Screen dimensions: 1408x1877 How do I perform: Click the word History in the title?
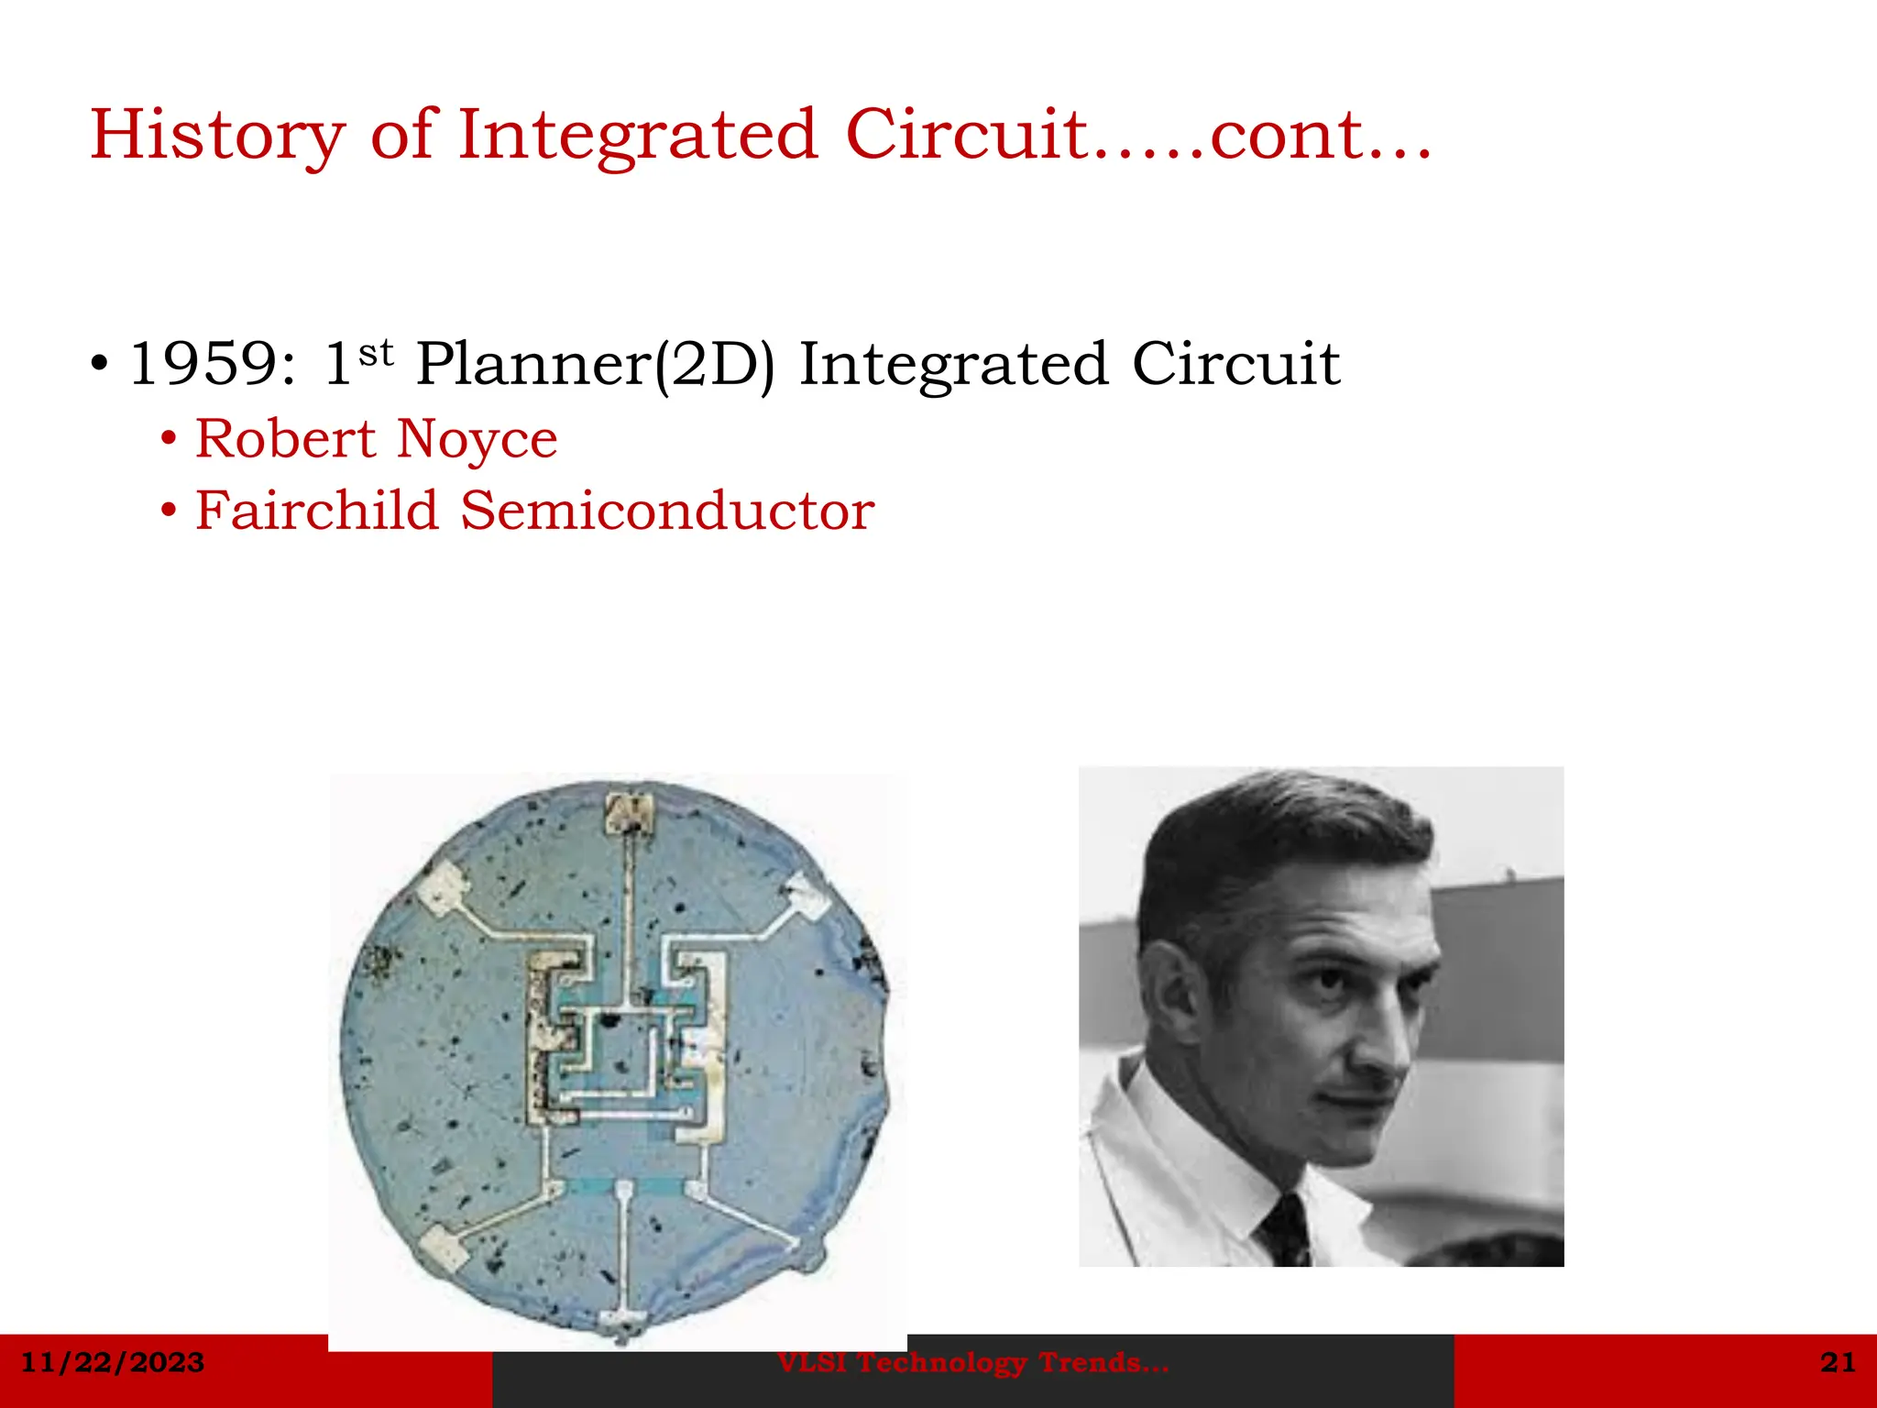coord(217,136)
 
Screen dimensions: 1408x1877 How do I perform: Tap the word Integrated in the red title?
coord(637,136)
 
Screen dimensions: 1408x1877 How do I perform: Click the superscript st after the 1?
coord(376,352)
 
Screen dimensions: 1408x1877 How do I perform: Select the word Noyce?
coord(477,440)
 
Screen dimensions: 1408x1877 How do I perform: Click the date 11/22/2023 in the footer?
coord(113,1362)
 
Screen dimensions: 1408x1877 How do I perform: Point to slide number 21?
coord(1838,1362)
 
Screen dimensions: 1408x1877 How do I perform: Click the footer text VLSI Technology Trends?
coord(972,1363)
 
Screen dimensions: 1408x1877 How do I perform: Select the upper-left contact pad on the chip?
coord(444,887)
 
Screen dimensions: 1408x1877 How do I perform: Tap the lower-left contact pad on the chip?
coord(444,1247)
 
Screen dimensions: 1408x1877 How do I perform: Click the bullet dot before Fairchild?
coord(168,510)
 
